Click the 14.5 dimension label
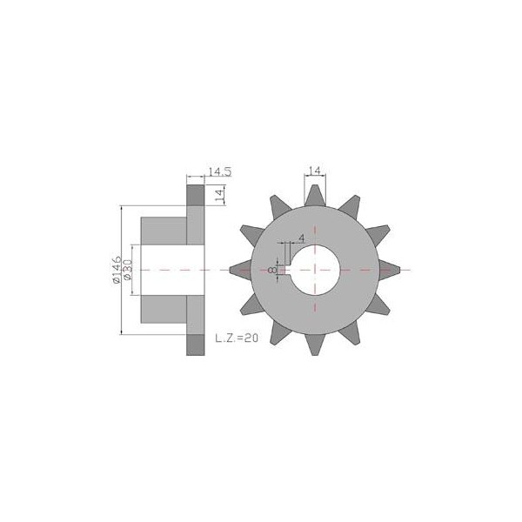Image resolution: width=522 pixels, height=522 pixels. pos(220,171)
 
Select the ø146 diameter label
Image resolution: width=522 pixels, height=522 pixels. pos(117,270)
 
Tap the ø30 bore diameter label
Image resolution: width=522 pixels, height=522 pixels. pos(128,270)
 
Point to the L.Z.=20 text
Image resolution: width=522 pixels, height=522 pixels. pos(237,338)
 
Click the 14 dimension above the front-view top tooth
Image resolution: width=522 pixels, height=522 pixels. pos(315,171)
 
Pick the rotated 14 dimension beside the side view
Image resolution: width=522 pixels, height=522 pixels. pos(220,195)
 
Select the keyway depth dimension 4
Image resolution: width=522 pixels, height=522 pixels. pos(302,238)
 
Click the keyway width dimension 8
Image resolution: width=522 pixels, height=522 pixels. pos(272,270)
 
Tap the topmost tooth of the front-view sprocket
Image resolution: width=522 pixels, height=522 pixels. pos(315,196)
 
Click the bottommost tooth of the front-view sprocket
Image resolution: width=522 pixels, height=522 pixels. pos(315,345)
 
